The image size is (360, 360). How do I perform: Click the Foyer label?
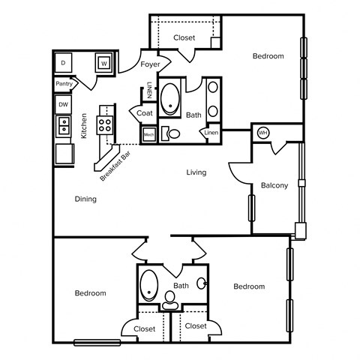pyautogui.click(x=151, y=65)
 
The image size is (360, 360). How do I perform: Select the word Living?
pyautogui.click(x=196, y=172)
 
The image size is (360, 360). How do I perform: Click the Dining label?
pyautogui.click(x=85, y=199)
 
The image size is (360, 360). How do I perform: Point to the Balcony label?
pyautogui.click(x=274, y=185)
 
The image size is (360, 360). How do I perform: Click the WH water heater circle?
pyautogui.click(x=262, y=133)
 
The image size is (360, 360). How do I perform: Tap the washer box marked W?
pyautogui.click(x=103, y=63)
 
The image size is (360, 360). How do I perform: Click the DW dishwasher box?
pyautogui.click(x=63, y=104)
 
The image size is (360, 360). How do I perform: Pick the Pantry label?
pyautogui.click(x=64, y=84)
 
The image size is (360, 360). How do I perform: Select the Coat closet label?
pyautogui.click(x=145, y=113)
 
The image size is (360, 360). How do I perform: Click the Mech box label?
pyautogui.click(x=148, y=134)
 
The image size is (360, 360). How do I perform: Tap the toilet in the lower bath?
pyautogui.click(x=170, y=300)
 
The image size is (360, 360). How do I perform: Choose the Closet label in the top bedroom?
pyautogui.click(x=184, y=37)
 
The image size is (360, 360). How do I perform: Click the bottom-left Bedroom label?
pyautogui.click(x=90, y=293)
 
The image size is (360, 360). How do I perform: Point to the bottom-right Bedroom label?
pyautogui.click(x=248, y=286)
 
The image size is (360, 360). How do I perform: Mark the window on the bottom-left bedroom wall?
pyautogui.click(x=97, y=343)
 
